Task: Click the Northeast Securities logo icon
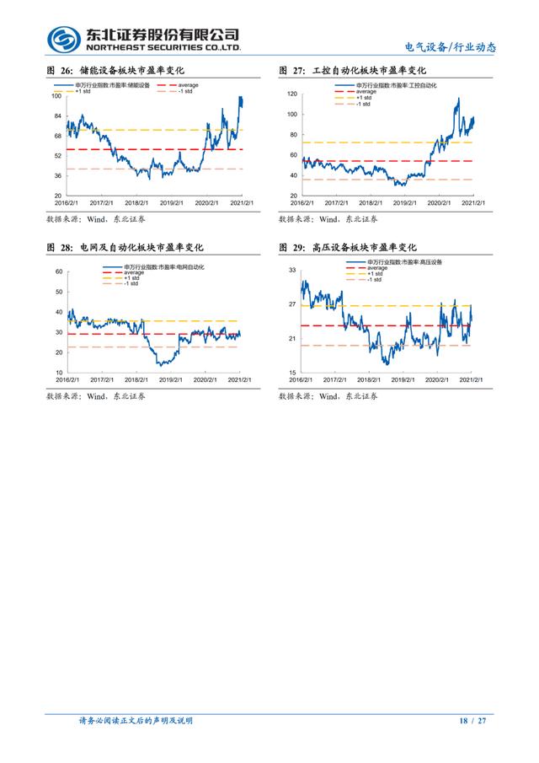[x=64, y=39]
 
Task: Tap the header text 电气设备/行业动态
[x=451, y=47]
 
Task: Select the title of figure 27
[x=353, y=70]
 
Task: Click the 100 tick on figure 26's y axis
[x=56, y=95]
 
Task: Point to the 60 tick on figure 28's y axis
[x=59, y=271]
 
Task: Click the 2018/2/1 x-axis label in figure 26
[x=137, y=203]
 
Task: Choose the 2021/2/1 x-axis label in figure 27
[x=472, y=203]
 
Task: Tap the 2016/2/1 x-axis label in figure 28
[x=67, y=380]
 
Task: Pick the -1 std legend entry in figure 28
[x=128, y=282]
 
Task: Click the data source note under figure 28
[x=95, y=395]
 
